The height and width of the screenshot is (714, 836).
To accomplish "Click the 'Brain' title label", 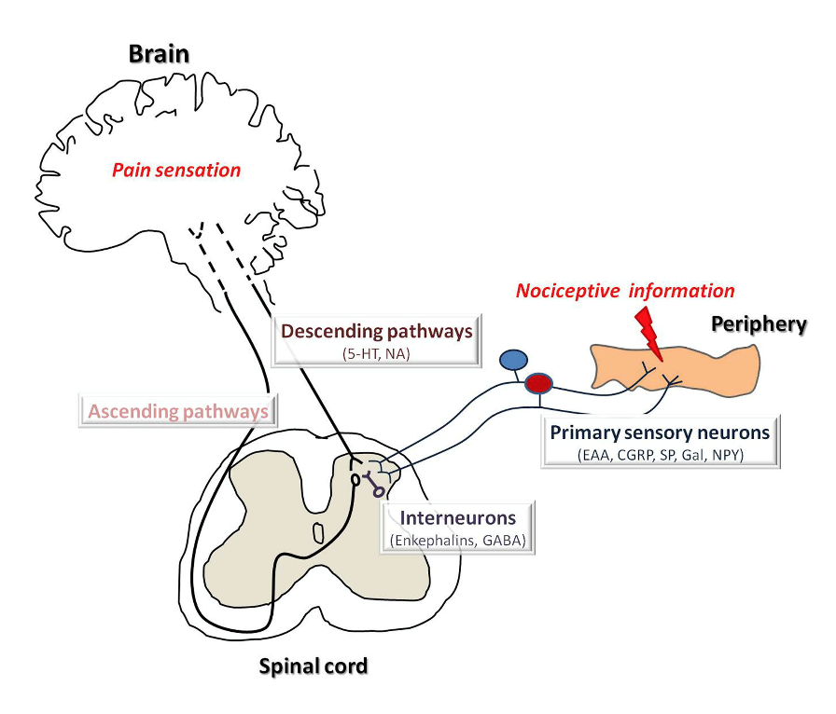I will (x=159, y=53).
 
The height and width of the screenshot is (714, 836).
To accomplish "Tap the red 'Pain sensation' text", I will (x=176, y=171).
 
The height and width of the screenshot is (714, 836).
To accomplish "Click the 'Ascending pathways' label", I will (x=178, y=410).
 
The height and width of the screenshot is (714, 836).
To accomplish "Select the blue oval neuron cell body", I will (x=513, y=360).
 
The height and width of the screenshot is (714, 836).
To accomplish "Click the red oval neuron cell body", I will (x=538, y=382).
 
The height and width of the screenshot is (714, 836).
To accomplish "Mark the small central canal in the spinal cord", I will (x=318, y=533).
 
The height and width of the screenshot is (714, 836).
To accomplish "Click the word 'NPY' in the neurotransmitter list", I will (x=728, y=456).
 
